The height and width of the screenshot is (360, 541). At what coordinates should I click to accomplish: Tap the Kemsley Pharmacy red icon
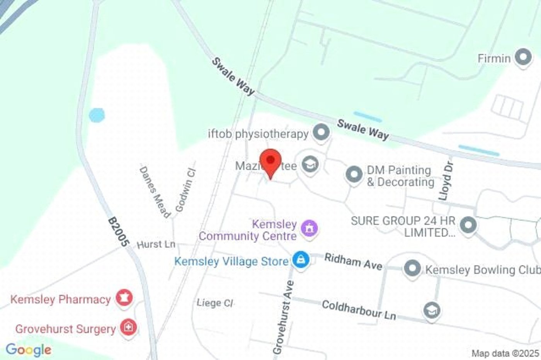click(124, 298)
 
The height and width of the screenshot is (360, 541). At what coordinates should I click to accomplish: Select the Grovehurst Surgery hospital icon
click(128, 328)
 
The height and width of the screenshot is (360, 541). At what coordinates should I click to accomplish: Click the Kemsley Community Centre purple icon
click(310, 228)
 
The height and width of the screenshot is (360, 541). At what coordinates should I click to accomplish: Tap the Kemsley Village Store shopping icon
click(301, 260)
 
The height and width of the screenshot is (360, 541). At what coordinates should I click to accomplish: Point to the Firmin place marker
click(523, 58)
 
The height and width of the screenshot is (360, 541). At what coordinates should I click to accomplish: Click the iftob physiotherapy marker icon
click(321, 132)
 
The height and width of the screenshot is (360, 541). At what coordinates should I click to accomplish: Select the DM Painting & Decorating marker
click(354, 175)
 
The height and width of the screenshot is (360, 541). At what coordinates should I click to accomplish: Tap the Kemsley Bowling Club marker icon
click(412, 268)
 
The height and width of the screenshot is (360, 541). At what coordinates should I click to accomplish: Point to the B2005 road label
click(117, 232)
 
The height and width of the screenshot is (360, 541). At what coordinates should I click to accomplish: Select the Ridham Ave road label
click(353, 262)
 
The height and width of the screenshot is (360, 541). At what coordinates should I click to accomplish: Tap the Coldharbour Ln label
click(359, 310)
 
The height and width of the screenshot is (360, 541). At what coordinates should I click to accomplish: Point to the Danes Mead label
click(155, 192)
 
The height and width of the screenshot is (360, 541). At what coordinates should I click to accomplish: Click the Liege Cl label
click(215, 303)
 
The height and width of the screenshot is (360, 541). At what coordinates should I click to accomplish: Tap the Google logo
click(28, 350)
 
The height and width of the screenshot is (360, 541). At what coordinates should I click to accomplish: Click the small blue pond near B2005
click(97, 115)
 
